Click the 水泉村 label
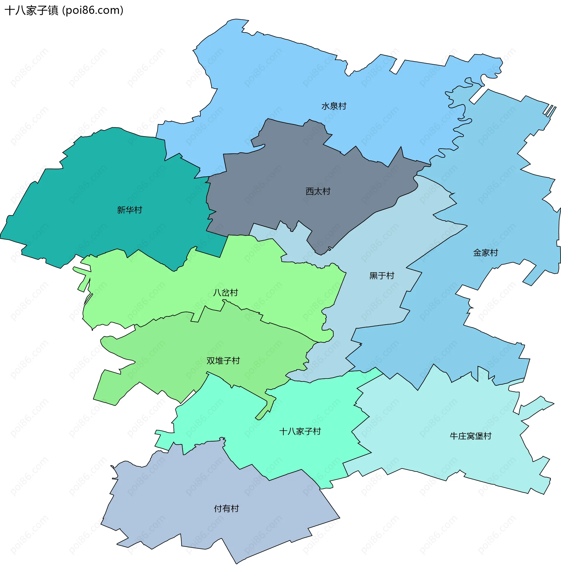[x=334, y=106]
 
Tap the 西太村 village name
[x=318, y=191]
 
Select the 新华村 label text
[x=129, y=210]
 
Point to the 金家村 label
[x=485, y=253]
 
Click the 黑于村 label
[x=382, y=276]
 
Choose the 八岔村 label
[x=226, y=293]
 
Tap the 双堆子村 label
[x=223, y=361]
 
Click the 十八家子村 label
[x=300, y=431]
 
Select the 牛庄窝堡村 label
[x=470, y=436]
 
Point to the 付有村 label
[x=226, y=509]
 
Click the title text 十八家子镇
[x=31, y=11]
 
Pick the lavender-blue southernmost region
[x=208, y=491]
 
